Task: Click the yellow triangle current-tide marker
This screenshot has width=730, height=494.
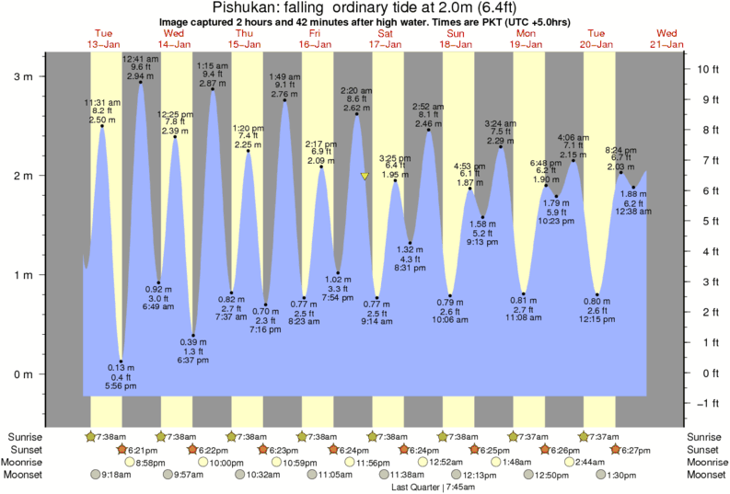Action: (x=365, y=176)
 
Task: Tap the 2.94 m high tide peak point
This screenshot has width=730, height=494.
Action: (x=140, y=83)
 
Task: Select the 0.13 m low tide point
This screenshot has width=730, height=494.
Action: (x=121, y=362)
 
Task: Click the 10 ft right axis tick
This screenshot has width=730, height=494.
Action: (x=686, y=69)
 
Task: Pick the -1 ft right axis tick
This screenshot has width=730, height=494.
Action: (x=686, y=403)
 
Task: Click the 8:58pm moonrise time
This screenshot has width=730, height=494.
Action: (x=156, y=462)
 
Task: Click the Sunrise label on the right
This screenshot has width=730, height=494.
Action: (x=705, y=436)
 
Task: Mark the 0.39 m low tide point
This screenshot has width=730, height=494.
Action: (x=192, y=336)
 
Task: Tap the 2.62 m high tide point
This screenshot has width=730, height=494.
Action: (x=356, y=114)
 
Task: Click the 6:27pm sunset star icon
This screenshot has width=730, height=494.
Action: (x=614, y=449)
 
